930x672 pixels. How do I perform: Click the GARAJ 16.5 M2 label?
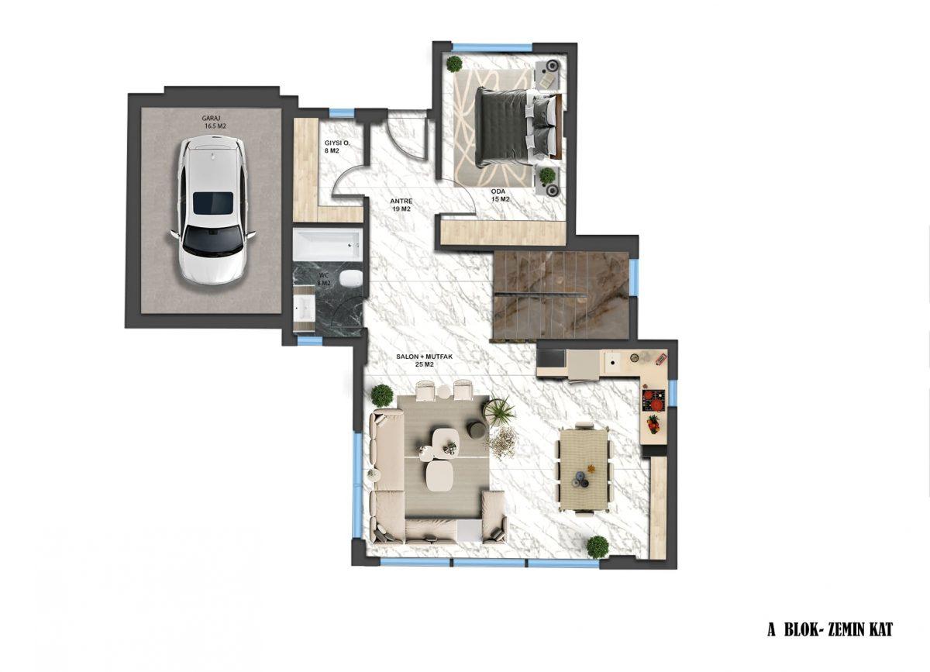214,122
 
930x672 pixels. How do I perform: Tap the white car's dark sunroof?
213,203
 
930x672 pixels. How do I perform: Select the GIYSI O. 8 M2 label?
337,146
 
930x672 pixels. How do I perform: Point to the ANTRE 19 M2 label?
401,205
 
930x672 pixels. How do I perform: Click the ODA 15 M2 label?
500,195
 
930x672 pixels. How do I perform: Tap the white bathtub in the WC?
327,244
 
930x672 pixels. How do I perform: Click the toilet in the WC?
350,277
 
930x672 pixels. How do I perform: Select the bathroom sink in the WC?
304,308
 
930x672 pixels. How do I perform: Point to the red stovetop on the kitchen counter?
654,401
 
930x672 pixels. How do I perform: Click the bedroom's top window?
492,47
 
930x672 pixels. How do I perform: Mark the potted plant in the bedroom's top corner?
455,64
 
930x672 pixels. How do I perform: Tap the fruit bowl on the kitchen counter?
653,425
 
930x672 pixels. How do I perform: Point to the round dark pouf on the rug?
477,429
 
